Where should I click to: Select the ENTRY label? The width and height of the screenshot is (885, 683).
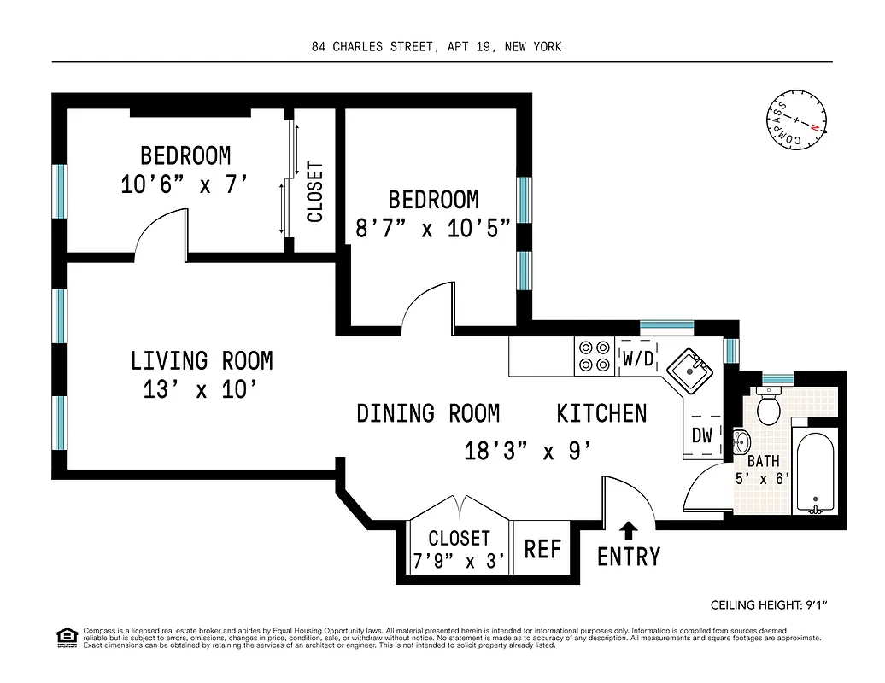[x=628, y=557]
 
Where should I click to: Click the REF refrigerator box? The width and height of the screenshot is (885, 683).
[x=542, y=548]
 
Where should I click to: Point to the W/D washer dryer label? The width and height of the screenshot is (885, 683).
[x=638, y=359]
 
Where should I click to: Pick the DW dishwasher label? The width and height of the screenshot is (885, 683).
[x=701, y=435]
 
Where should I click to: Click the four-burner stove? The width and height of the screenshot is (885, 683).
[x=594, y=356]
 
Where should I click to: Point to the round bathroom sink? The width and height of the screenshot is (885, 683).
[x=741, y=442]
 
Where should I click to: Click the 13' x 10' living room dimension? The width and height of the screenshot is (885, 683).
[x=202, y=390]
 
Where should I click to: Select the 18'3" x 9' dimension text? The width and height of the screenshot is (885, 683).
[x=528, y=450]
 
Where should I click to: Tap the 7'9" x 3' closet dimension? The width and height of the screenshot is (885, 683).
[x=460, y=561]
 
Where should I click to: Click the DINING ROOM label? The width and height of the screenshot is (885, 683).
[x=427, y=414]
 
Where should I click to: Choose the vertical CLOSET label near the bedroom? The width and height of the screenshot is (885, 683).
[x=315, y=192]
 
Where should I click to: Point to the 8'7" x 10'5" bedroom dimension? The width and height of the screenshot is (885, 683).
[x=433, y=228]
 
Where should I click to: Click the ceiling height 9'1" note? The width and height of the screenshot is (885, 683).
[x=770, y=605]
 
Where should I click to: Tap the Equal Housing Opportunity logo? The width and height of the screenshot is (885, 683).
[x=65, y=636]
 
